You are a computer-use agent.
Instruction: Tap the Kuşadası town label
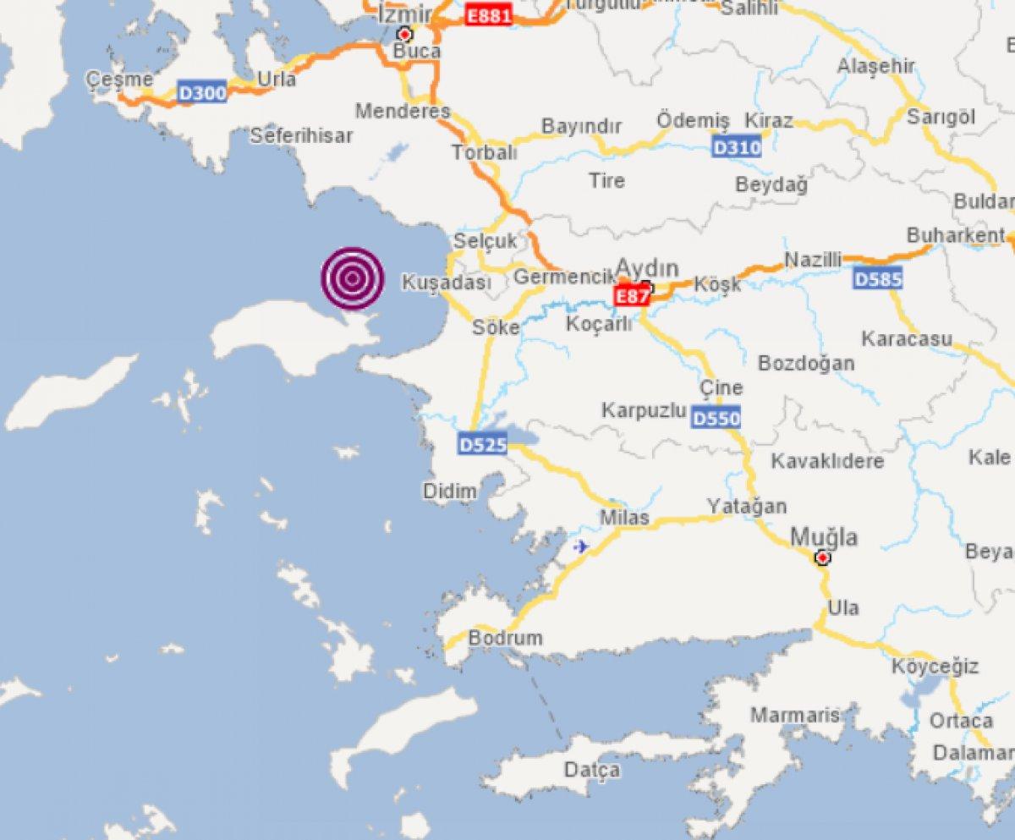click(446, 283)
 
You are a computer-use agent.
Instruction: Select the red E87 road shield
click(632, 296)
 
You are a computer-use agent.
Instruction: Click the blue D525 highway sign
click(482, 443)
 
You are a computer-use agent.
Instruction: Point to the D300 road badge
click(202, 92)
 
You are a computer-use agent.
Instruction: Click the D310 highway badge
click(737, 147)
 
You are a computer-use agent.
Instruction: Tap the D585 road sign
click(878, 278)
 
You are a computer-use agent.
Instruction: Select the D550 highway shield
click(716, 417)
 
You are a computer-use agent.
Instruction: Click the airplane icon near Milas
click(581, 546)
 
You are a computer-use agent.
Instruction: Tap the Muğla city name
click(824, 536)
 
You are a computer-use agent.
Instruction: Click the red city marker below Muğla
click(821, 557)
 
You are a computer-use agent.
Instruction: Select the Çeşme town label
click(119, 80)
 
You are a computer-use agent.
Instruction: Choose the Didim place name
click(449, 491)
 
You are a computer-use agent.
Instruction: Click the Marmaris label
click(795, 716)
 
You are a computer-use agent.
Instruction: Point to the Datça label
click(592, 770)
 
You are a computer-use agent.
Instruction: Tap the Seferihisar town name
click(302, 135)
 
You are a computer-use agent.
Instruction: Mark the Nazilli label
click(813, 260)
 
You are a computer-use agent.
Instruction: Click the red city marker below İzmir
click(405, 35)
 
